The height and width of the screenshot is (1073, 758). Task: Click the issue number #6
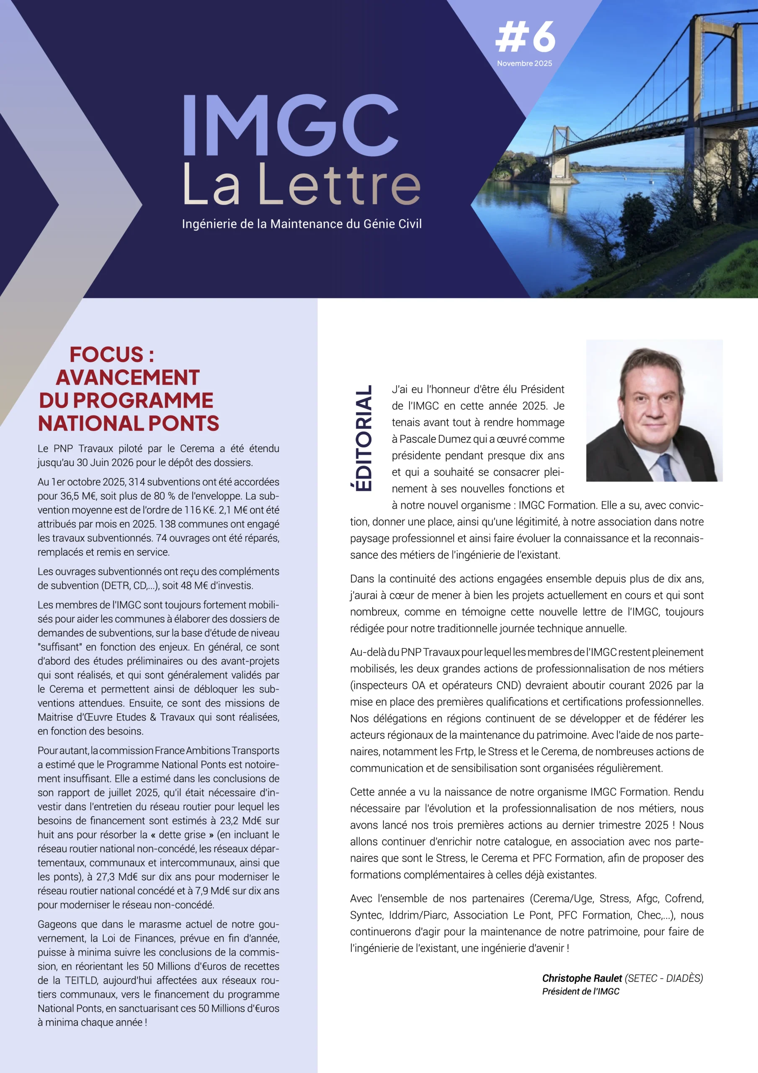click(x=526, y=37)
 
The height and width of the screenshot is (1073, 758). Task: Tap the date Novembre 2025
click(x=524, y=64)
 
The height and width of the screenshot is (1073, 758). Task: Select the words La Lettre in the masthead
click(x=302, y=184)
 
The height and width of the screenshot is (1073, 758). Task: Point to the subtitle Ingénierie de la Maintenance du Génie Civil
click(x=302, y=224)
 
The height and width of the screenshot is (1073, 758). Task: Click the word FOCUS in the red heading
click(x=106, y=354)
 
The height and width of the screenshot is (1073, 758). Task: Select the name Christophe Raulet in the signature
click(x=582, y=978)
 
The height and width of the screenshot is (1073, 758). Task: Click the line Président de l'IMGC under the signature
click(x=580, y=992)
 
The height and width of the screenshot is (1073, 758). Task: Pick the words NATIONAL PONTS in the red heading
click(x=129, y=423)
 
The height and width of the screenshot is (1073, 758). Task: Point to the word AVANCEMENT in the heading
click(x=127, y=378)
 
